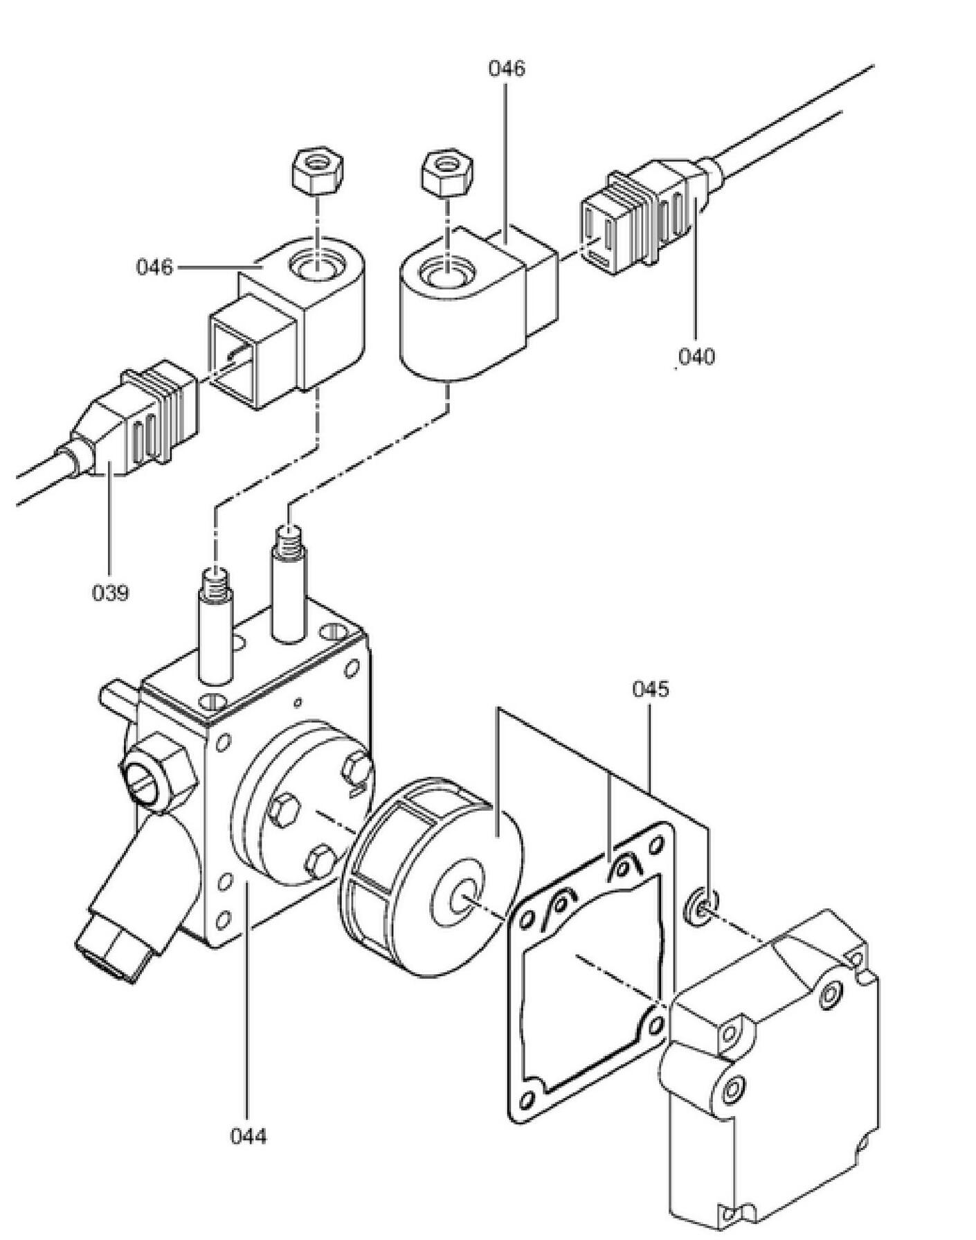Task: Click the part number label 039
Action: [x=111, y=593]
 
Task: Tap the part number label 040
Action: [x=696, y=357]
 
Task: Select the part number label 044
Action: [x=248, y=1136]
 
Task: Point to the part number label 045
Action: [x=651, y=690]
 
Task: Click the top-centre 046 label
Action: [x=507, y=69]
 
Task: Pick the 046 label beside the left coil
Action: [x=154, y=267]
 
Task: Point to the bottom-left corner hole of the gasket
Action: [x=530, y=1100]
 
